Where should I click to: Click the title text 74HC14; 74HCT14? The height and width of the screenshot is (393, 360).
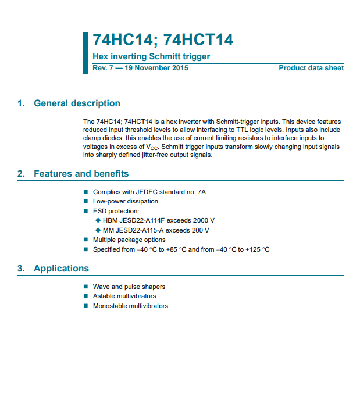click(x=163, y=40)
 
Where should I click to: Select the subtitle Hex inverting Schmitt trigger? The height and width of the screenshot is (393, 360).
click(x=151, y=56)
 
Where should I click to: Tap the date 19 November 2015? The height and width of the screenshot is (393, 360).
click(x=156, y=68)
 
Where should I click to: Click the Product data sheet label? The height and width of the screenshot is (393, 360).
click(x=311, y=68)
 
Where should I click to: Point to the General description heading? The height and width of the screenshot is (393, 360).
click(x=77, y=103)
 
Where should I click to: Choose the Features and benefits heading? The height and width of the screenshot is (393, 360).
click(x=81, y=174)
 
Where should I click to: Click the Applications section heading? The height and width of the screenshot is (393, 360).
click(x=61, y=269)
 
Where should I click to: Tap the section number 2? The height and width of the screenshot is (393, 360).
click(x=21, y=174)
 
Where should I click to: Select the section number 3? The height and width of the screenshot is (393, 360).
click(x=21, y=269)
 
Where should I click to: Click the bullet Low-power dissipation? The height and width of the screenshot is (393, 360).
click(x=125, y=201)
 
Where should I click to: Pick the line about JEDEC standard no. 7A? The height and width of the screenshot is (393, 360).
click(x=149, y=192)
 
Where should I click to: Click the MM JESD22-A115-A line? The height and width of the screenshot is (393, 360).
click(x=156, y=230)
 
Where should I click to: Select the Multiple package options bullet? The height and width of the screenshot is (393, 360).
click(x=129, y=240)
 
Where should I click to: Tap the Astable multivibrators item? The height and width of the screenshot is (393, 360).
click(x=124, y=296)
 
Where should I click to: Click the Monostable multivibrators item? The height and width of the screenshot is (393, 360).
click(x=130, y=306)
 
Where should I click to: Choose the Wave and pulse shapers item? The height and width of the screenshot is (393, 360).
click(x=129, y=287)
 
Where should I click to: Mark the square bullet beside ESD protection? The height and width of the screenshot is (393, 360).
click(x=86, y=211)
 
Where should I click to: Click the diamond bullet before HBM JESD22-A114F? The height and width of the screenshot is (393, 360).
click(x=98, y=220)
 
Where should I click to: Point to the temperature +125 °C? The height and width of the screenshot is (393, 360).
click(x=258, y=249)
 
